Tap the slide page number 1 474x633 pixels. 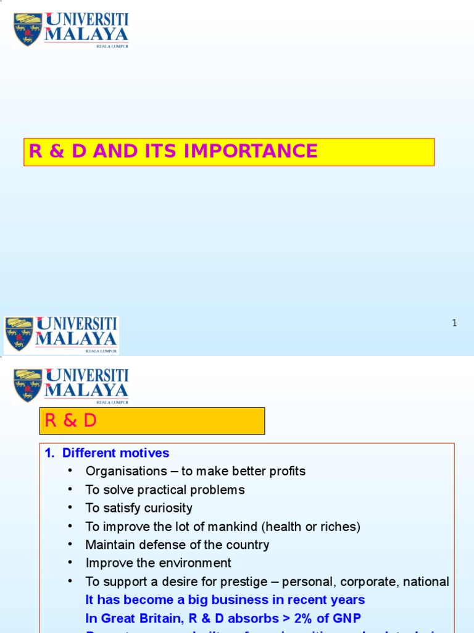click(x=454, y=323)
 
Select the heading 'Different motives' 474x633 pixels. click(x=115, y=453)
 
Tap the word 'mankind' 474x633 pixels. click(x=231, y=527)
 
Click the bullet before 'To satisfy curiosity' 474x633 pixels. click(x=71, y=508)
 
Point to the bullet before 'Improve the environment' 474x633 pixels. click(x=71, y=563)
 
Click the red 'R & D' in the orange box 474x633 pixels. click(x=71, y=421)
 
